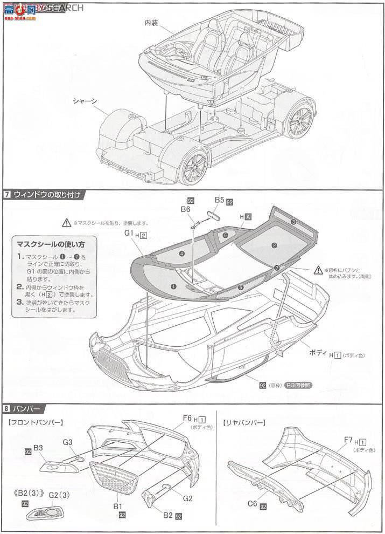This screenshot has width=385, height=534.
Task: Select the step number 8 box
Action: [7, 408]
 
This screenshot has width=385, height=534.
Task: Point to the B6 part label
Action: [186, 209]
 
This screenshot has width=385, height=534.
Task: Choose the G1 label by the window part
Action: [128, 234]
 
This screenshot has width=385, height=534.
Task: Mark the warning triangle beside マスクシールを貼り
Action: [66, 222]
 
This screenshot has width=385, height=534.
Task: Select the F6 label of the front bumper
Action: [187, 417]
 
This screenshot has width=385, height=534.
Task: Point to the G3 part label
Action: [67, 442]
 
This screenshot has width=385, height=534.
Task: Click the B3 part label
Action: [38, 448]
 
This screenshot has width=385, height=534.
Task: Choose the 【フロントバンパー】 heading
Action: [37, 422]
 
